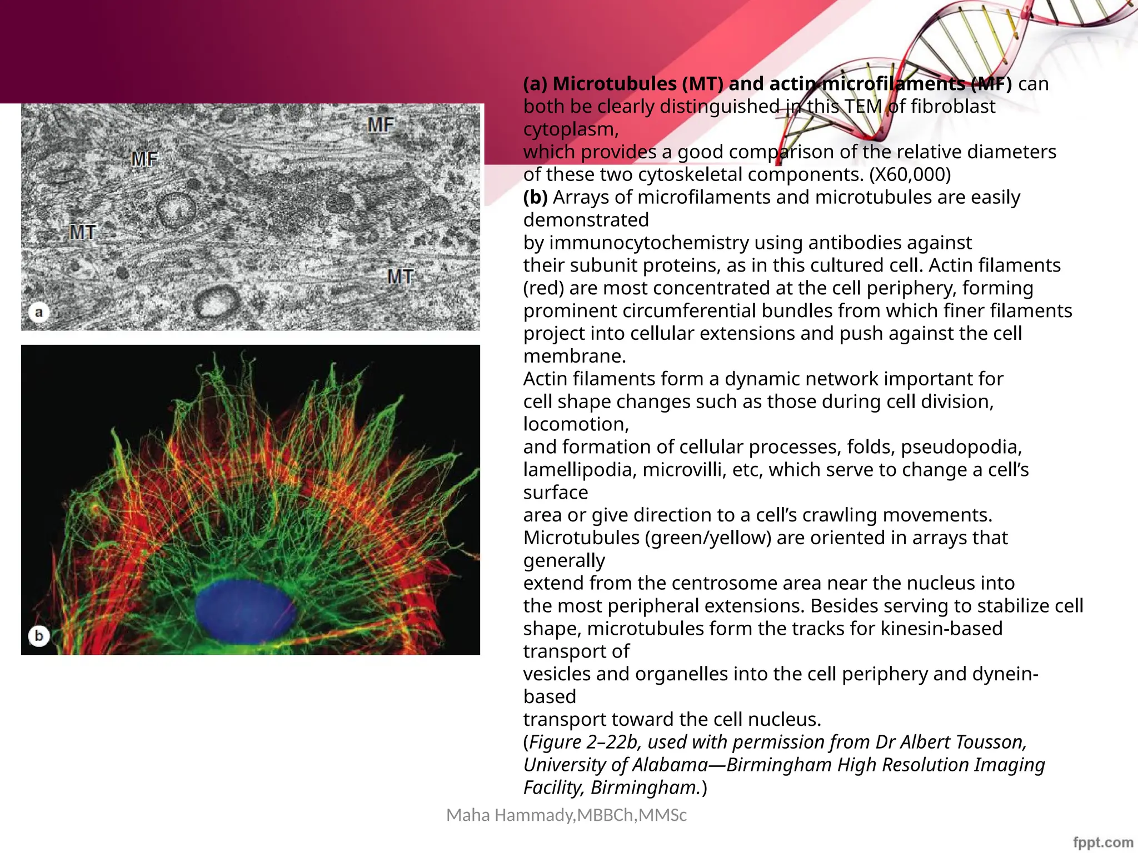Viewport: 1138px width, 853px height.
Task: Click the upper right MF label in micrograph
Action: pyautogui.click(x=381, y=125)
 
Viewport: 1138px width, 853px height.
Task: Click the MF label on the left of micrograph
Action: pyautogui.click(x=144, y=159)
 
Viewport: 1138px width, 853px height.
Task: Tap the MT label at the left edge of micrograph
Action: pyautogui.click(x=83, y=232)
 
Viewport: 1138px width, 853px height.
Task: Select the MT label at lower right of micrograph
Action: pyautogui.click(x=400, y=277)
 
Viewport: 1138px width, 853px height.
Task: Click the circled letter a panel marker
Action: pyautogui.click(x=39, y=312)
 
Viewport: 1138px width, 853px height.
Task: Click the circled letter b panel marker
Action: pyautogui.click(x=39, y=635)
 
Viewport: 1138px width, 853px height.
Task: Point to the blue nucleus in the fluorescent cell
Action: pyautogui.click(x=244, y=611)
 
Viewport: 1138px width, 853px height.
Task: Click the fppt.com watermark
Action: pyautogui.click(x=1102, y=842)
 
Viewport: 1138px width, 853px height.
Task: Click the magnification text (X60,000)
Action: pyautogui.click(x=910, y=174)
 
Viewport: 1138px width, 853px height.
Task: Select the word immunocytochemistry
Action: pyautogui.click(x=637, y=243)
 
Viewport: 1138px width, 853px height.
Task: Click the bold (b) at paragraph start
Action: pyautogui.click(x=535, y=197)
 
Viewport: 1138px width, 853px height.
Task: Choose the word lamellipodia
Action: pyautogui.click(x=580, y=470)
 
